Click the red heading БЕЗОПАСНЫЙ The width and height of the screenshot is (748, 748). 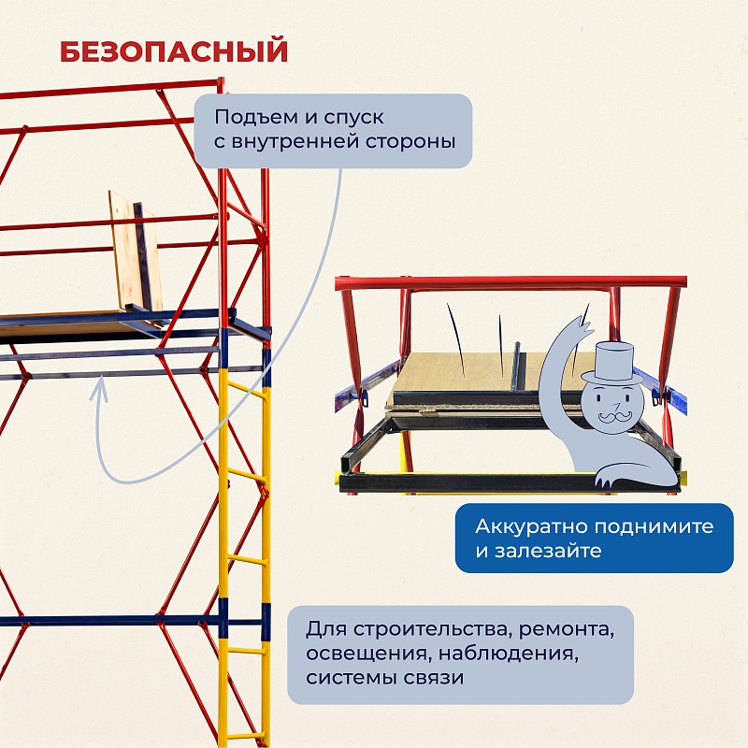coord(174,51)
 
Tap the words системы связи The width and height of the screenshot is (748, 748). coord(384,677)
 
